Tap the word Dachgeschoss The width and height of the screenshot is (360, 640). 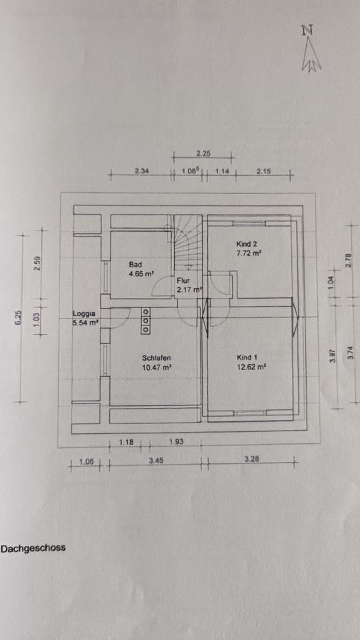pyautogui.click(x=33, y=548)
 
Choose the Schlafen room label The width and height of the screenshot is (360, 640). pyautogui.click(x=156, y=358)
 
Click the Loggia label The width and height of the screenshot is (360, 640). pyautogui.click(x=84, y=314)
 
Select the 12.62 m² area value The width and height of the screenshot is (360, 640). pyautogui.click(x=251, y=367)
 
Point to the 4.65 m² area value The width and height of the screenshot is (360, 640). pyautogui.click(x=141, y=273)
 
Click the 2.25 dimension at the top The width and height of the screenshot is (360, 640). pyautogui.click(x=203, y=154)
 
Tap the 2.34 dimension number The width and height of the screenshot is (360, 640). pyautogui.click(x=141, y=171)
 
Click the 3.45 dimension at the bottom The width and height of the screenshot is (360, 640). pyautogui.click(x=155, y=460)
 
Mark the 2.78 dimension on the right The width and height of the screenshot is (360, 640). pyautogui.click(x=348, y=261)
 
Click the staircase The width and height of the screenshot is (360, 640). pyautogui.click(x=189, y=242)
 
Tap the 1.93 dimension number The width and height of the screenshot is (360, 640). pyautogui.click(x=176, y=441)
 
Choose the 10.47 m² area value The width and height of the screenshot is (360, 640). pyautogui.click(x=157, y=367)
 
